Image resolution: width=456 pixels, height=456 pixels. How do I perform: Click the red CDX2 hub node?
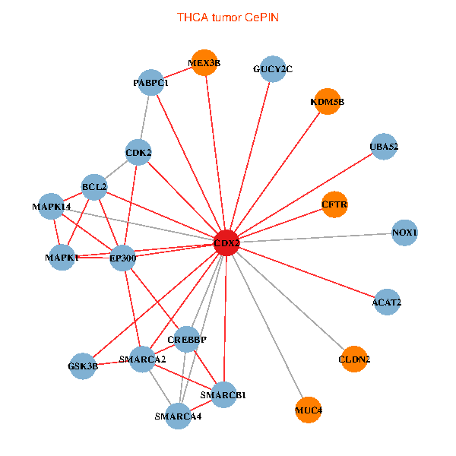click(226, 243)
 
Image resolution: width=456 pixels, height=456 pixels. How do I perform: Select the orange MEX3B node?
click(204, 63)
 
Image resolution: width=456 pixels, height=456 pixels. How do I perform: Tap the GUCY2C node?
click(273, 69)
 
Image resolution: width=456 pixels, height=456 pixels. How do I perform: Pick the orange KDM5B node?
click(327, 102)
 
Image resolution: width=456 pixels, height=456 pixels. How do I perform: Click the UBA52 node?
click(384, 147)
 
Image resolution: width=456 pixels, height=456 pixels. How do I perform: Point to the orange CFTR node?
click(334, 204)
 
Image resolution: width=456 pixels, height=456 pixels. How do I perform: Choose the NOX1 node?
click(404, 233)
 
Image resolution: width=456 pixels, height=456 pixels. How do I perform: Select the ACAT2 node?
click(387, 302)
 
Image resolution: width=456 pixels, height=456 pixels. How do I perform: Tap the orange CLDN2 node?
click(354, 359)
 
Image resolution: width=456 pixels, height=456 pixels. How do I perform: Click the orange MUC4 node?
click(309, 410)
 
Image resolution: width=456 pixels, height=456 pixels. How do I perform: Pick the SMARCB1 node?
click(223, 395)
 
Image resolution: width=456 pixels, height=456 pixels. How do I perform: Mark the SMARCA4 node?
click(178, 416)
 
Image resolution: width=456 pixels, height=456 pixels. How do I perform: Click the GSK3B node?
click(83, 366)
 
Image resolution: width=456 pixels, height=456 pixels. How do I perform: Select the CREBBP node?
click(187, 340)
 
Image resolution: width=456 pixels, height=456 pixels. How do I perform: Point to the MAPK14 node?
click(51, 207)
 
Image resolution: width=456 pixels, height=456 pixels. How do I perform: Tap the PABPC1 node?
click(151, 83)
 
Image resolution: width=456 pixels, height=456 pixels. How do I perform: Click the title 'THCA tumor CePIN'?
click(228, 17)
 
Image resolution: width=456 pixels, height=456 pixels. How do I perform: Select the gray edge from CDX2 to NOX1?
click(315, 238)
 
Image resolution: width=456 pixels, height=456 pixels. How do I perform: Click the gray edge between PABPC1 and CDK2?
click(145, 118)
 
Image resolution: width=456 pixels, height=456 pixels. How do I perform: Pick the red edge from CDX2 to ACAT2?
click(307, 273)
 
